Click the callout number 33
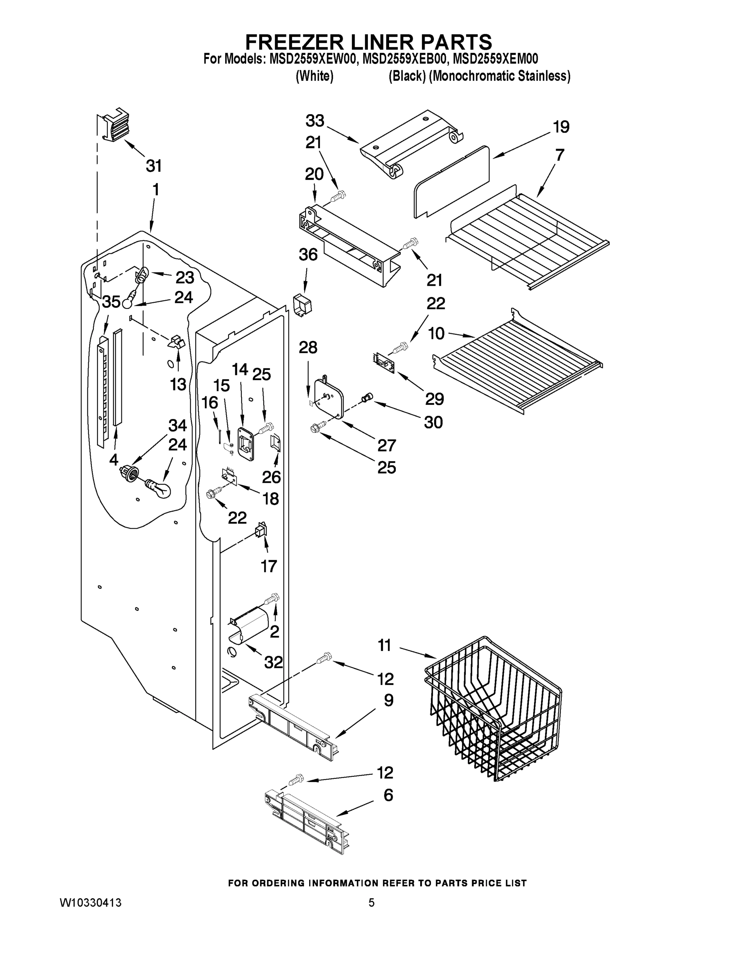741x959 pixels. (x=315, y=120)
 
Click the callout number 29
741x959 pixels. (x=434, y=399)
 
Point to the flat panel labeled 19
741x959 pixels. (x=452, y=182)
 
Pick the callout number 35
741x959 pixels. (x=111, y=302)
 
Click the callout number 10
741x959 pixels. (x=436, y=333)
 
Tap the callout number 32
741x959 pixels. (x=273, y=662)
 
